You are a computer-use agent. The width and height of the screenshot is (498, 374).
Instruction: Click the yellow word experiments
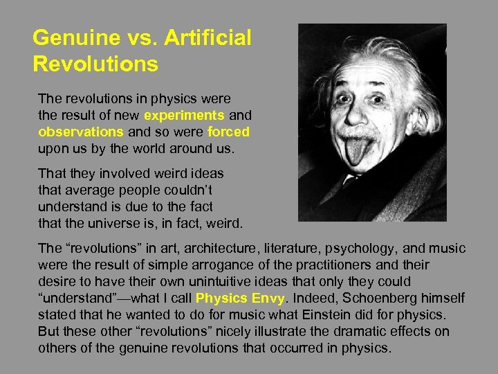point(184,115)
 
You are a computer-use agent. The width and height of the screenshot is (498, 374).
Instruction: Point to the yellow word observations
point(81,131)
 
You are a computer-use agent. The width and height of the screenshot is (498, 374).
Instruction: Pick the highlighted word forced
point(228,131)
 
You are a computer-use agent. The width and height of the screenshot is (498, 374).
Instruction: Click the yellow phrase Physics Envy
point(239,299)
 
